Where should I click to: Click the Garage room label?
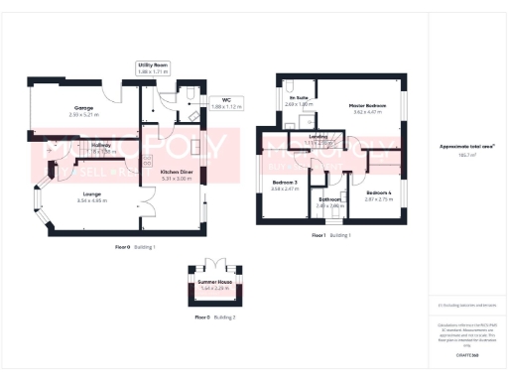[68, 106]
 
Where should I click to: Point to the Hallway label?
[101, 146]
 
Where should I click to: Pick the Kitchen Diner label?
[177, 172]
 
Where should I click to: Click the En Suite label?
[299, 98]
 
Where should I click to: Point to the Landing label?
[318, 136]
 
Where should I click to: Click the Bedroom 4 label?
[378, 192]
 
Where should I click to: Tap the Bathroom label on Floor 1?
[328, 199]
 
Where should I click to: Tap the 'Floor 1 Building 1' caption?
[331, 235]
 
